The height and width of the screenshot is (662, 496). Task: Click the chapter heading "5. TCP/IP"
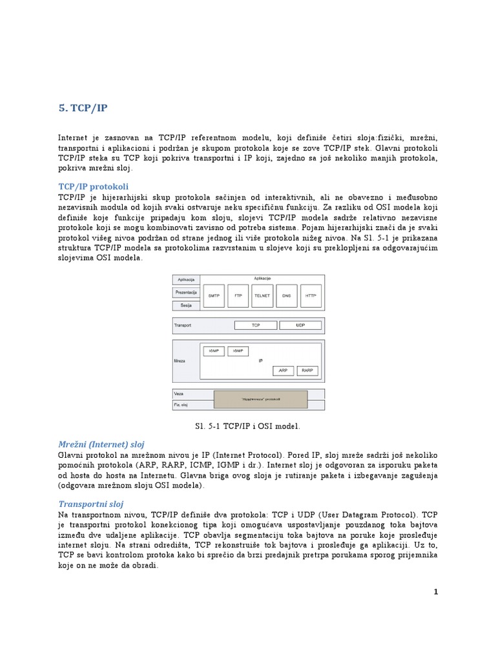click(x=83, y=108)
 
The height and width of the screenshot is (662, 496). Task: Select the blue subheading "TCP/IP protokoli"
click(x=93, y=186)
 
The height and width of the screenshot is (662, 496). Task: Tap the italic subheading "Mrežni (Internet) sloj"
click(x=101, y=444)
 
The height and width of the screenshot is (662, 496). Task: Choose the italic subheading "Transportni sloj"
click(x=90, y=504)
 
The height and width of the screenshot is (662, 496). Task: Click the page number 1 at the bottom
click(x=436, y=592)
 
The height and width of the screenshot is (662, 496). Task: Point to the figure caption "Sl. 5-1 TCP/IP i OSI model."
click(x=247, y=426)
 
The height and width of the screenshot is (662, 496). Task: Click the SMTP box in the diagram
click(x=214, y=295)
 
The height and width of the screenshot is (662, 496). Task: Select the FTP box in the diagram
click(x=238, y=295)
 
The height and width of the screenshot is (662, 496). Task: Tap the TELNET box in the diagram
click(x=262, y=295)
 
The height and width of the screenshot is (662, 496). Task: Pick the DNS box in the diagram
click(x=286, y=295)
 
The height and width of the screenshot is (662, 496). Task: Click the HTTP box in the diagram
click(x=311, y=295)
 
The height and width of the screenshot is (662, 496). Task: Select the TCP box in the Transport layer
click(x=255, y=325)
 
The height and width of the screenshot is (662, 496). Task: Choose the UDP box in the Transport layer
click(x=300, y=325)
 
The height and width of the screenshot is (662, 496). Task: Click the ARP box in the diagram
click(x=283, y=370)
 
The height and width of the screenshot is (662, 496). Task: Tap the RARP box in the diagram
click(x=306, y=370)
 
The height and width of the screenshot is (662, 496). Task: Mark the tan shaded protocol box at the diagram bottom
click(x=261, y=399)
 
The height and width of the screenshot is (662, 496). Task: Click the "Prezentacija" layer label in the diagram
click(x=186, y=292)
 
